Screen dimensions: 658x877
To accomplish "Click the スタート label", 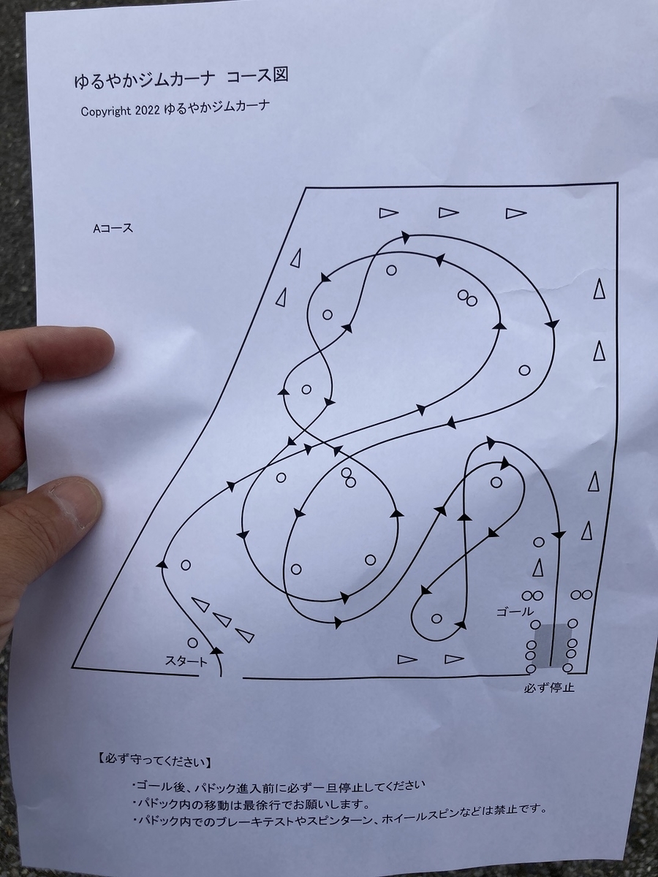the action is click(186, 661).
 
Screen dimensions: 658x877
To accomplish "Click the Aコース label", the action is click(113, 228).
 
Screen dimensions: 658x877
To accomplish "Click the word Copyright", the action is click(106, 112).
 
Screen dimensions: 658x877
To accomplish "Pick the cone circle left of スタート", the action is click(192, 643).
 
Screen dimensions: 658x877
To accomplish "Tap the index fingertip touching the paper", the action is click(96, 348).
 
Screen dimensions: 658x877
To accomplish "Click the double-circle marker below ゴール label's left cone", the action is click(532, 596).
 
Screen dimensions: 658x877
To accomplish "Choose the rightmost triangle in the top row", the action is click(515, 213).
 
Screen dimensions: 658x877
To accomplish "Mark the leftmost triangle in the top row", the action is click(389, 213).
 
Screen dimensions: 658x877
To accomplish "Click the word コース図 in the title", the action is click(257, 76).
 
